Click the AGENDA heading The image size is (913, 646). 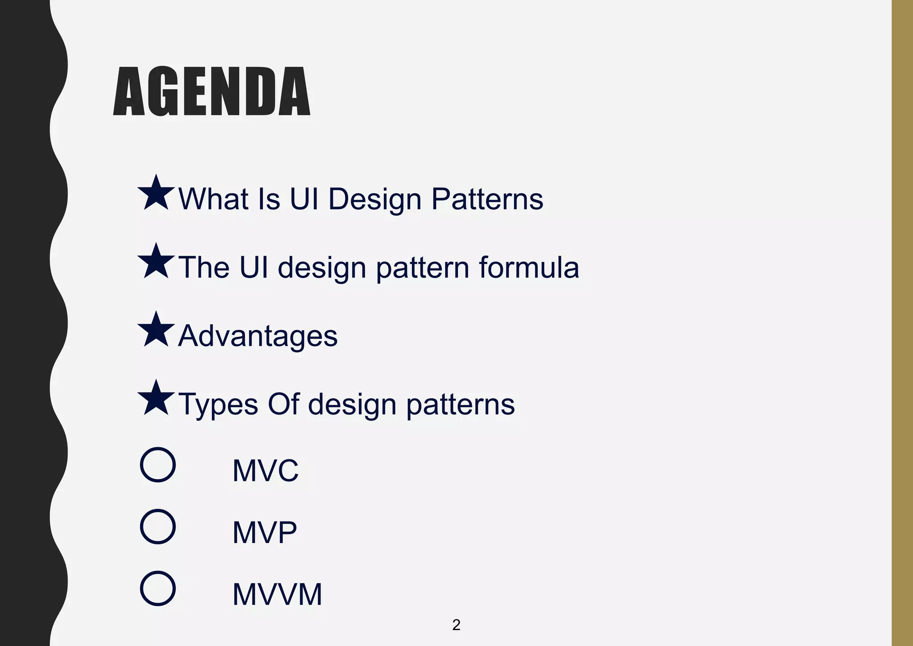tap(212, 91)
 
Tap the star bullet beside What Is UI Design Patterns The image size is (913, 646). tap(156, 194)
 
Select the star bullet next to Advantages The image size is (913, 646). tap(156, 331)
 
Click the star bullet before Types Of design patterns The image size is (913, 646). tap(156, 399)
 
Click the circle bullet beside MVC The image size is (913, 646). tap(158, 464)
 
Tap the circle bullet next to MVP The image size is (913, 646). tap(158, 526)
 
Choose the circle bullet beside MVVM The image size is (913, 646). tap(158, 588)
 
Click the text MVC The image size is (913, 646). tap(265, 471)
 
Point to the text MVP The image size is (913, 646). tap(264, 532)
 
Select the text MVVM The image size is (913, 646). tap(277, 594)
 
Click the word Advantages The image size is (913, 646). tap(258, 335)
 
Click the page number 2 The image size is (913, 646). tap(456, 625)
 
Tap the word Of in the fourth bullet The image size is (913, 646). tap(283, 404)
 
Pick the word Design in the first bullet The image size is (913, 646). tap(375, 199)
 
